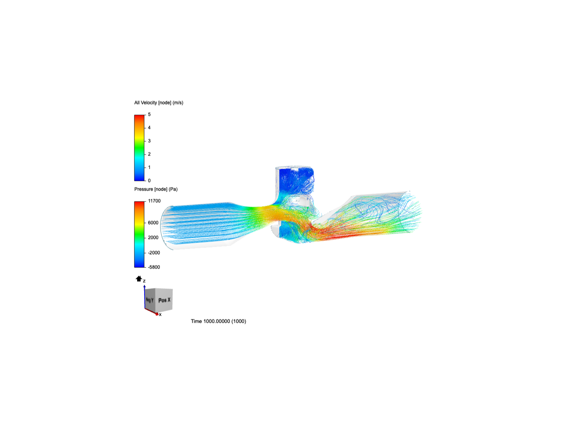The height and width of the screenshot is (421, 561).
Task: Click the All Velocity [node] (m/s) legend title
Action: tap(159, 103)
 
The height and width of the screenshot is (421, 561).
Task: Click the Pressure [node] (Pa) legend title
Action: tap(156, 189)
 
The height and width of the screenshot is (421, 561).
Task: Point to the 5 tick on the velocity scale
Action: tap(149, 115)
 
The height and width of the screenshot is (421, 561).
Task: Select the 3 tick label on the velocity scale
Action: tap(149, 141)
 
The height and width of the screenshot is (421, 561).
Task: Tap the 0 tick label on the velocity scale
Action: tap(149, 181)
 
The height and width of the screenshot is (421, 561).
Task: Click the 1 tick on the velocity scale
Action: tap(149, 168)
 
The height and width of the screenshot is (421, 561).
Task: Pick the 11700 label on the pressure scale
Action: tap(154, 201)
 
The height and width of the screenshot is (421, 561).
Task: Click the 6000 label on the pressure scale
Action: tap(153, 223)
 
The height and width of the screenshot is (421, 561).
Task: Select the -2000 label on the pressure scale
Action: tap(153, 253)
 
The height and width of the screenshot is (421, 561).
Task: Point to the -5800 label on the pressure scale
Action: tap(153, 267)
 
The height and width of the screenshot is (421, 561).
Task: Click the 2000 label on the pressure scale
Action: tap(153, 238)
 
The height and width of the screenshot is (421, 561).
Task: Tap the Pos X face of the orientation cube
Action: tap(164, 300)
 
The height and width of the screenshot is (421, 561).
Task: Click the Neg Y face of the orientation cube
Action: tap(150, 300)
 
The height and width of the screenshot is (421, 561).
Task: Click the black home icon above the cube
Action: tap(139, 279)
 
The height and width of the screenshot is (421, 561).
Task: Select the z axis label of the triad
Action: tap(144, 281)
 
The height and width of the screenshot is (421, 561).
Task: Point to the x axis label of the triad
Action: tap(160, 315)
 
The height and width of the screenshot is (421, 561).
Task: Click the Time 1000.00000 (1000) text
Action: tap(218, 322)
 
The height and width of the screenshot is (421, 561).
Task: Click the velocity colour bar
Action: tap(139, 148)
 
